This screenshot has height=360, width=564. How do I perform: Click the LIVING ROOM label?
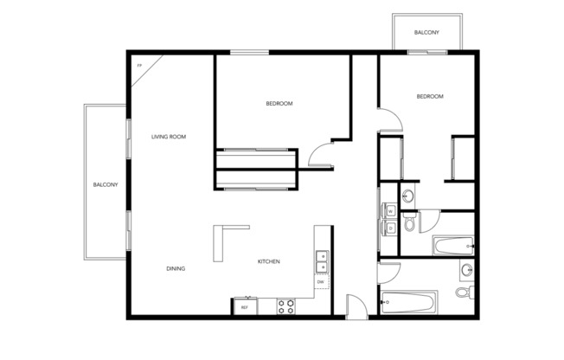click(x=169, y=137)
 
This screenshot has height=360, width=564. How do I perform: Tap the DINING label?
click(x=176, y=268)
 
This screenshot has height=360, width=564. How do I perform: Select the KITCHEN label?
click(x=268, y=262)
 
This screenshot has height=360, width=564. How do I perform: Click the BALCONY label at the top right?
click(x=426, y=33)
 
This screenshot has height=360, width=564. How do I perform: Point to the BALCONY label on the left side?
click(x=106, y=184)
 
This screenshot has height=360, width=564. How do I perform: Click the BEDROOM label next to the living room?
click(x=279, y=104)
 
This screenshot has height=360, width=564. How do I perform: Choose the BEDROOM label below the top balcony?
click(x=430, y=97)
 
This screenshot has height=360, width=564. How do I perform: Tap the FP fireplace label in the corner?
click(x=138, y=65)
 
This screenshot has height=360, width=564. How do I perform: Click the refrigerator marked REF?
click(x=245, y=306)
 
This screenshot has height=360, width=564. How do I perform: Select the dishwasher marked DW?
click(x=321, y=282)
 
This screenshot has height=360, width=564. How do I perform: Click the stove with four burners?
click(x=286, y=305)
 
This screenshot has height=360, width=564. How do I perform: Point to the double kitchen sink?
click(x=322, y=259)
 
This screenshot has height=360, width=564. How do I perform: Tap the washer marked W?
click(x=391, y=211)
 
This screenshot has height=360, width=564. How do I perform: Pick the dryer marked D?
click(x=391, y=228)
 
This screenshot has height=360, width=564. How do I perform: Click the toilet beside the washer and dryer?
click(x=412, y=224)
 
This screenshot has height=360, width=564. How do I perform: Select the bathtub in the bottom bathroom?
click(x=409, y=304)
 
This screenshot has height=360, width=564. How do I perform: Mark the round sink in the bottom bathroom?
click(x=466, y=269)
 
